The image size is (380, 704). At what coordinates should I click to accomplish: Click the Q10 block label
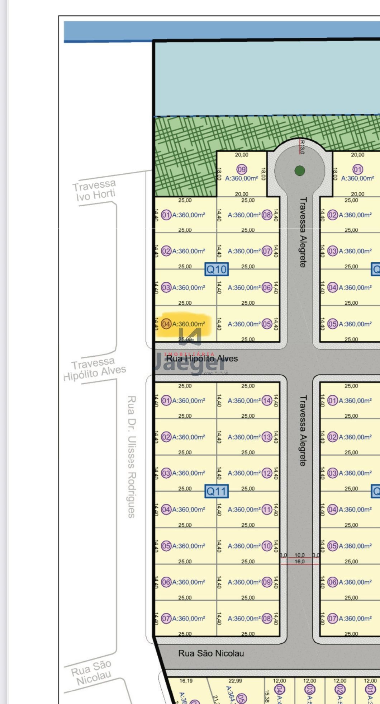[x=216, y=269]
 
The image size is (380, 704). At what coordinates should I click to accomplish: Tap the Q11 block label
[x=216, y=491]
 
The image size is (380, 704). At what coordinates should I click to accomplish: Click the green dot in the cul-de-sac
[x=300, y=171]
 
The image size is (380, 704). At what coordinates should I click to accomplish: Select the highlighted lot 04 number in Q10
[x=166, y=324]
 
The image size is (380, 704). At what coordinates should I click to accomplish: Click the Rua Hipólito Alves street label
[x=202, y=358]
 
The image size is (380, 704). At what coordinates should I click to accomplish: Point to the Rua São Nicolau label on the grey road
[x=211, y=653]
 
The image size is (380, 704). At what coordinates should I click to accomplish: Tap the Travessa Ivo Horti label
[x=95, y=191]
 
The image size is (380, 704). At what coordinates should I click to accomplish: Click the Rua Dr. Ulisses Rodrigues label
[x=131, y=456]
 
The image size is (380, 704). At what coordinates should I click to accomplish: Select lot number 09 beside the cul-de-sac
[x=242, y=169]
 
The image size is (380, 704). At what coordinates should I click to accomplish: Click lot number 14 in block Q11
[x=267, y=401]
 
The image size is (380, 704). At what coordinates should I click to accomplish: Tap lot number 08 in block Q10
[x=267, y=215]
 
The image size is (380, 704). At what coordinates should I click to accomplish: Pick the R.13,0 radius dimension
[x=302, y=147]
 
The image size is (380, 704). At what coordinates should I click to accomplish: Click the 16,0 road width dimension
[x=299, y=562]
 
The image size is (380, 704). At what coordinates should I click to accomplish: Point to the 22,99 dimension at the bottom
[x=235, y=681]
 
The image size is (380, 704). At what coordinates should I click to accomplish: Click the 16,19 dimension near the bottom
[x=186, y=681]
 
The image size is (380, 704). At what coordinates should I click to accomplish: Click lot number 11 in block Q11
[x=267, y=510]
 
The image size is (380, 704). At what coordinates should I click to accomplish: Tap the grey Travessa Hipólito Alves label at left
[x=94, y=369]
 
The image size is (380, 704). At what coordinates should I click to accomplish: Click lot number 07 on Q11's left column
[x=166, y=619]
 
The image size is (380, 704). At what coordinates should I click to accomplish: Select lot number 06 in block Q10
[x=267, y=287]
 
